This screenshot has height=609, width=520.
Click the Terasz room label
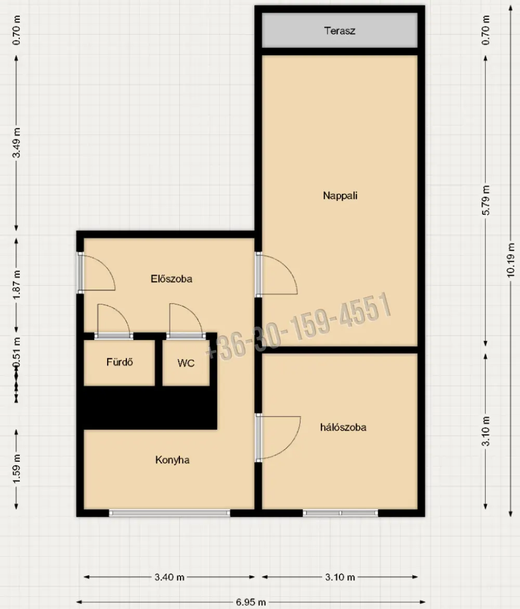point(340,31)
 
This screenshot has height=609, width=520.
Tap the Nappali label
point(340,196)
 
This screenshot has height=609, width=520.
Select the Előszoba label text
point(171,278)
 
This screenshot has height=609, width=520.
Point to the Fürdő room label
point(120,362)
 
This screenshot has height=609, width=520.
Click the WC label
point(186,363)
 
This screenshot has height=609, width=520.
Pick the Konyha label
point(172,460)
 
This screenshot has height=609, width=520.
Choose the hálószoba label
point(343,427)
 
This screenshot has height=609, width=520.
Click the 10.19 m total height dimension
point(511,260)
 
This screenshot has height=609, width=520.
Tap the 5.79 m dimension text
point(486,200)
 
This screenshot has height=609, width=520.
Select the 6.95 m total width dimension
point(251,602)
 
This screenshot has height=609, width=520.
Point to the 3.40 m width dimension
point(170,577)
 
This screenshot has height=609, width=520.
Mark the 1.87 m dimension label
point(17,286)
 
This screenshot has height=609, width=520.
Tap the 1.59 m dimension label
point(17,470)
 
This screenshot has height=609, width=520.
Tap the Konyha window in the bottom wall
point(170,513)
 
